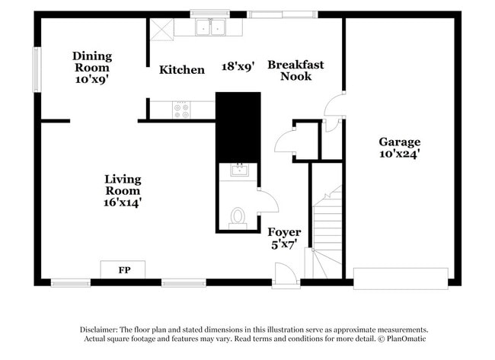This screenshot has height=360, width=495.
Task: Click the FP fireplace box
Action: (123, 269)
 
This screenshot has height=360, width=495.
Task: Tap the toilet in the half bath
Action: (238, 218)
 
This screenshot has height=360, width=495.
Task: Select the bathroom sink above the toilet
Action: (240, 170)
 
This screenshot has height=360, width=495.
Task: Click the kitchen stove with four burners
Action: (181, 110)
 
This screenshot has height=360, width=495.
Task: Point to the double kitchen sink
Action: (210, 27)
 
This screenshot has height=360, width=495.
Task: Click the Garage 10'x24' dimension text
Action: (399, 154)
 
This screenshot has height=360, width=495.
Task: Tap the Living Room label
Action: (123, 185)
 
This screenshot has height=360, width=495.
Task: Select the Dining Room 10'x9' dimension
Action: (92, 79)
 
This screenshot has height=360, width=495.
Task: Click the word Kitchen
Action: (182, 70)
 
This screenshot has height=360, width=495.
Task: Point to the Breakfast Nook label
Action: (295, 70)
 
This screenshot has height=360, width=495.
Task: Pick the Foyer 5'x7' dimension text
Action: (284, 244)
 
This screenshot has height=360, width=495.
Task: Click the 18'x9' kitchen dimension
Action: (238, 66)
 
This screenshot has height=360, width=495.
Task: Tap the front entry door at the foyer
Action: (286, 276)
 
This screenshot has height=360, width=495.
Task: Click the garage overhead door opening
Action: (401, 279)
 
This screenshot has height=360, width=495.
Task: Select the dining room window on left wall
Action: (37, 70)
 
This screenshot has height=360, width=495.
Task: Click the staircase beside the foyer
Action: (325, 232)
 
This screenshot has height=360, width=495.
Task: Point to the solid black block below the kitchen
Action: (238, 127)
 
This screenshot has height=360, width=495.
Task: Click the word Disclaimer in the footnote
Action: (98, 330)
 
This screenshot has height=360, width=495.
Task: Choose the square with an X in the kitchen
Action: (161, 30)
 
